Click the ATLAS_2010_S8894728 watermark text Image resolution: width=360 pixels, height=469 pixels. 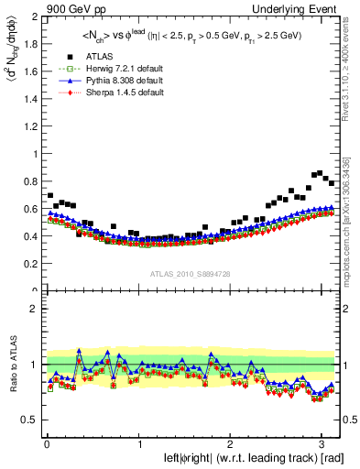(x=191, y=274)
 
